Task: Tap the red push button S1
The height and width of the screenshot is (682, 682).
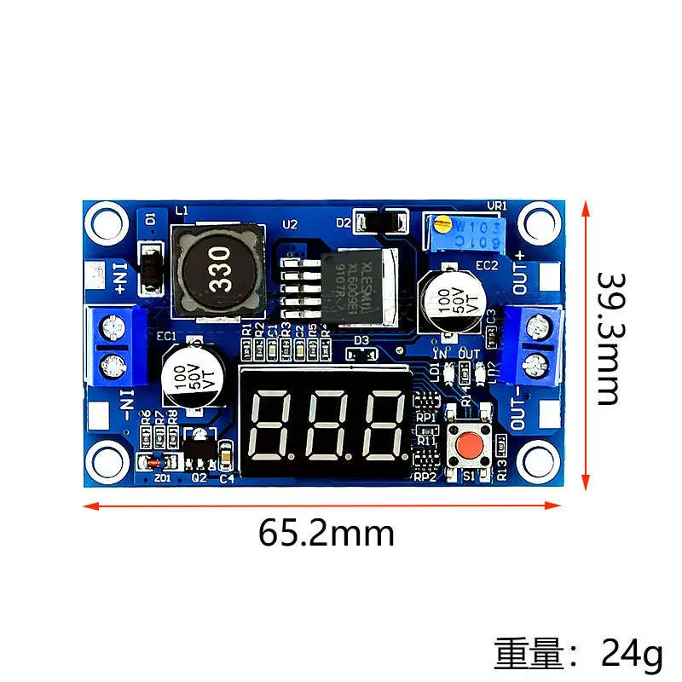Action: coord(468,444)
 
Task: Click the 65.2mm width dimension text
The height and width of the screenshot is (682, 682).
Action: coord(327,534)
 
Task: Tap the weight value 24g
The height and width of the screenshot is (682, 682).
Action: coord(632,656)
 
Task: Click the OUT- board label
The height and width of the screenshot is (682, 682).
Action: coord(519,407)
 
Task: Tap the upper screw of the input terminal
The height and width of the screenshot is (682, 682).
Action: coord(110,327)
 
